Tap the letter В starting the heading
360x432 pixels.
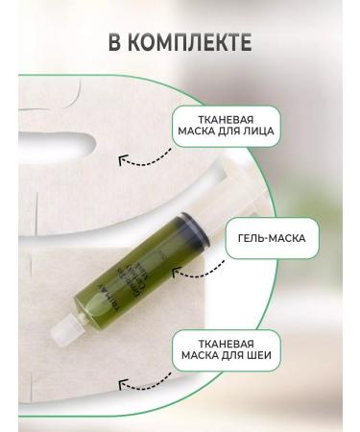pyautogui.click(x=120, y=45)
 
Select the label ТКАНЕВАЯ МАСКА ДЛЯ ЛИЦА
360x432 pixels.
pyautogui.click(x=225, y=126)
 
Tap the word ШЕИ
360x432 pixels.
pyautogui.click(x=260, y=357)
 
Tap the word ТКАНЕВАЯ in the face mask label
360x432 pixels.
pyautogui.click(x=225, y=119)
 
